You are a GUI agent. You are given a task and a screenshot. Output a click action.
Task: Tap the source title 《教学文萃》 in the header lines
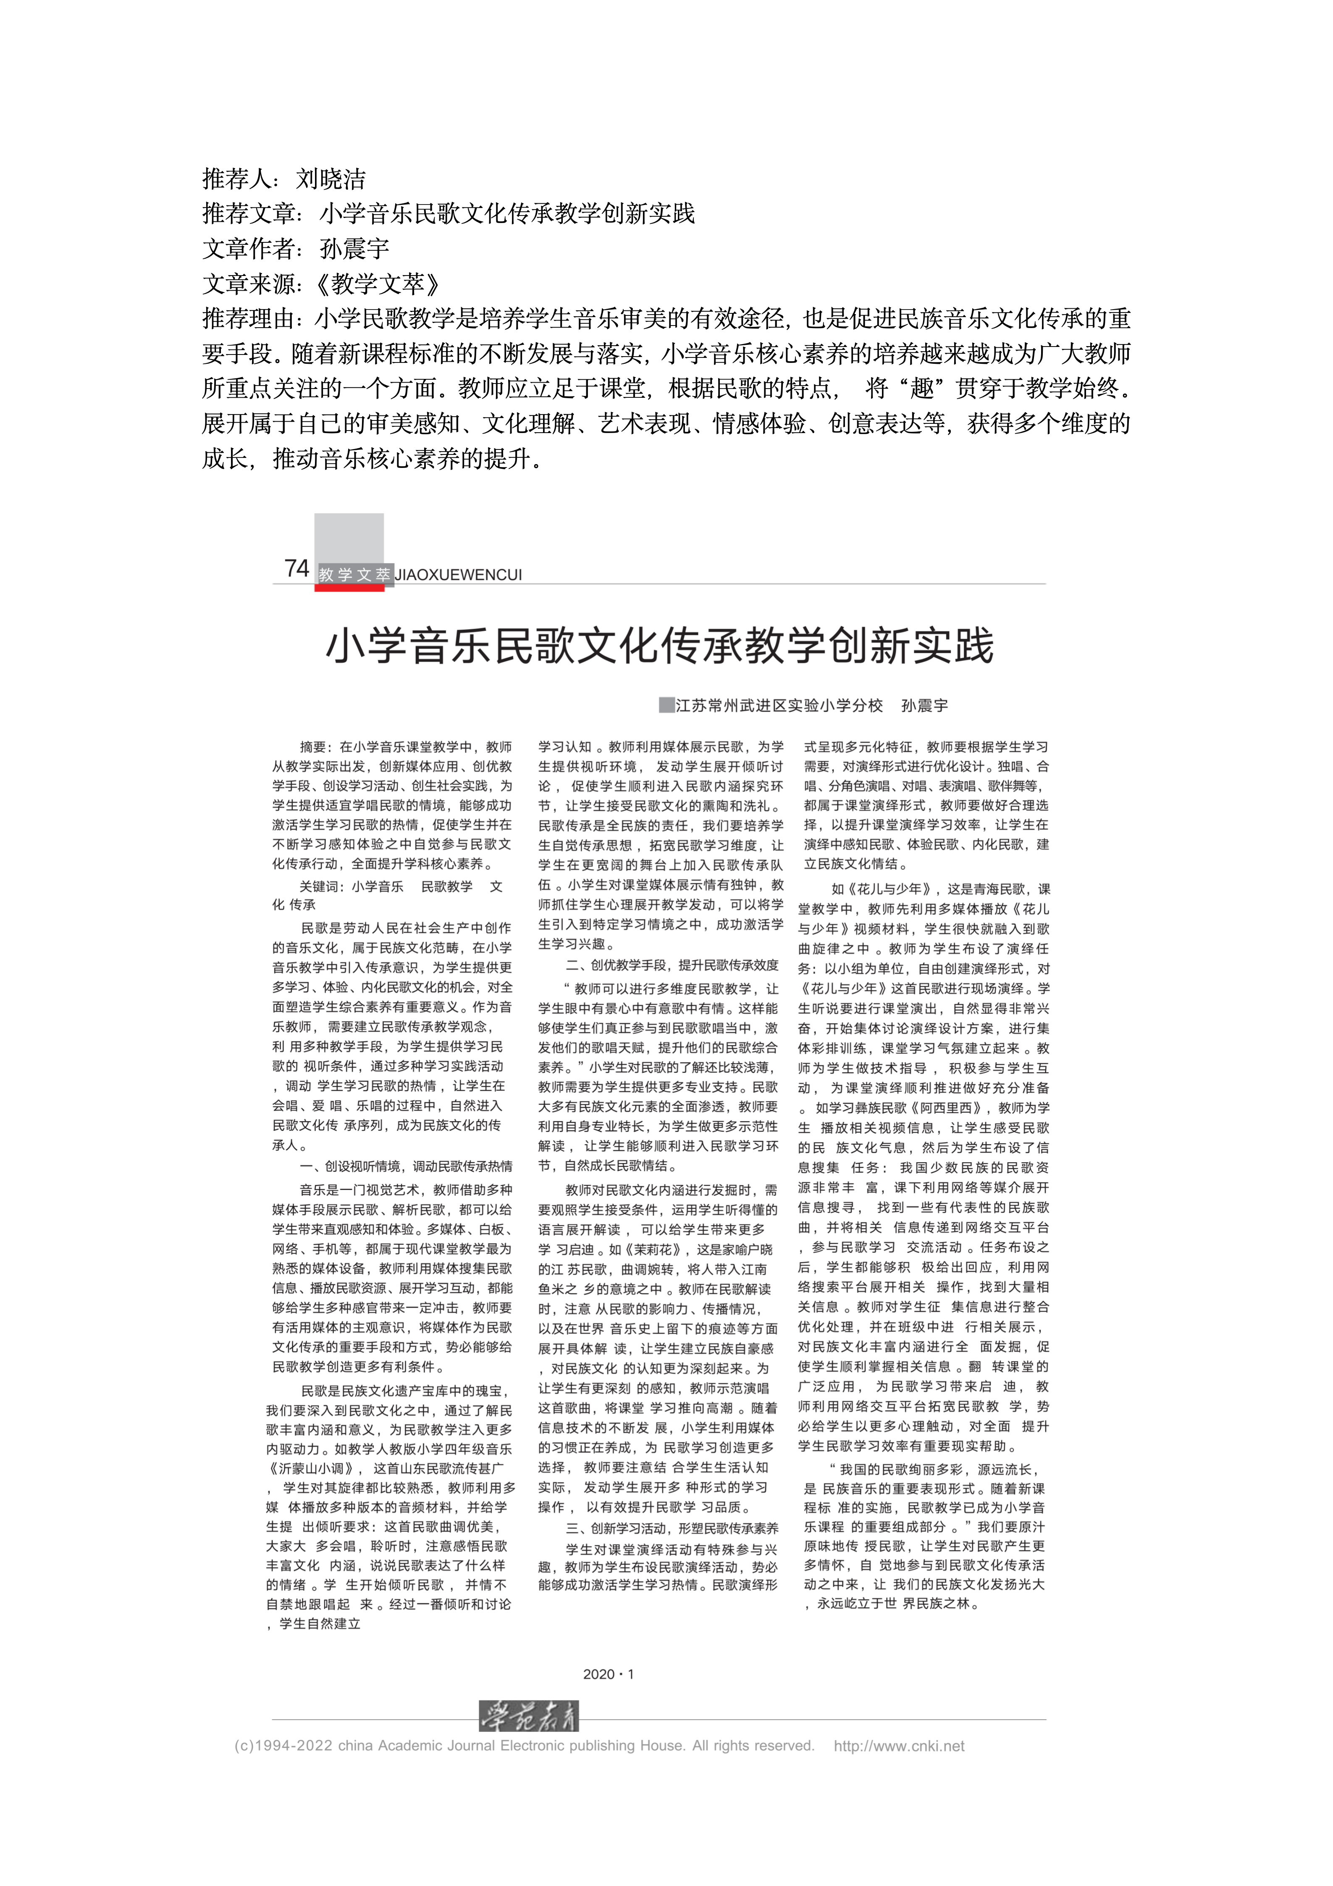tap(378, 284)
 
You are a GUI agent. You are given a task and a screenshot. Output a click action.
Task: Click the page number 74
tap(297, 568)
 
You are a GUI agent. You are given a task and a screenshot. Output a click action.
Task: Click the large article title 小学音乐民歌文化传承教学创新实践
tap(659, 646)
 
